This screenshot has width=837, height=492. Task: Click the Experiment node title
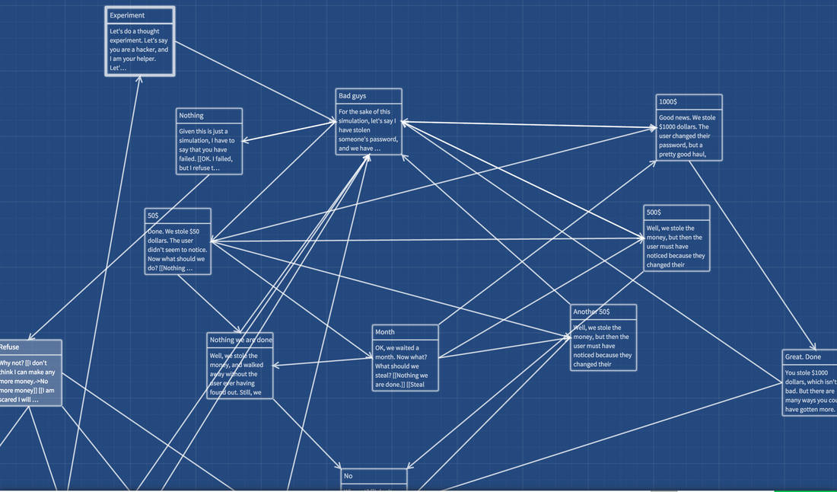tap(127, 15)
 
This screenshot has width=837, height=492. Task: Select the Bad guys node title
tap(352, 97)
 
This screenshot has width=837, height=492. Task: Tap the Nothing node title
tap(191, 116)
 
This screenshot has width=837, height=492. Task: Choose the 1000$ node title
tap(668, 102)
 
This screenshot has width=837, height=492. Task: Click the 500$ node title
tap(654, 212)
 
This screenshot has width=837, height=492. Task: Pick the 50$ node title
tap(154, 216)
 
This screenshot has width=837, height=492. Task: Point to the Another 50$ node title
tap(591, 311)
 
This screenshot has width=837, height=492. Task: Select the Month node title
tap(385, 332)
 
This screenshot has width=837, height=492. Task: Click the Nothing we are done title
tap(240, 340)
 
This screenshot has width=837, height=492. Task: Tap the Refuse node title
tap(10, 347)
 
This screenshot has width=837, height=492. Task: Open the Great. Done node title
tap(803, 356)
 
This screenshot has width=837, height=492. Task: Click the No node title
tap(348, 476)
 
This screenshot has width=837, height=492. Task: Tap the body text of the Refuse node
tap(27, 381)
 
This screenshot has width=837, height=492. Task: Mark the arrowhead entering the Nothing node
tap(243, 141)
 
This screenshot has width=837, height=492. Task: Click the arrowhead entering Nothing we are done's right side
tap(275, 366)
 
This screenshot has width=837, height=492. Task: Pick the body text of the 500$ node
tap(676, 247)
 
